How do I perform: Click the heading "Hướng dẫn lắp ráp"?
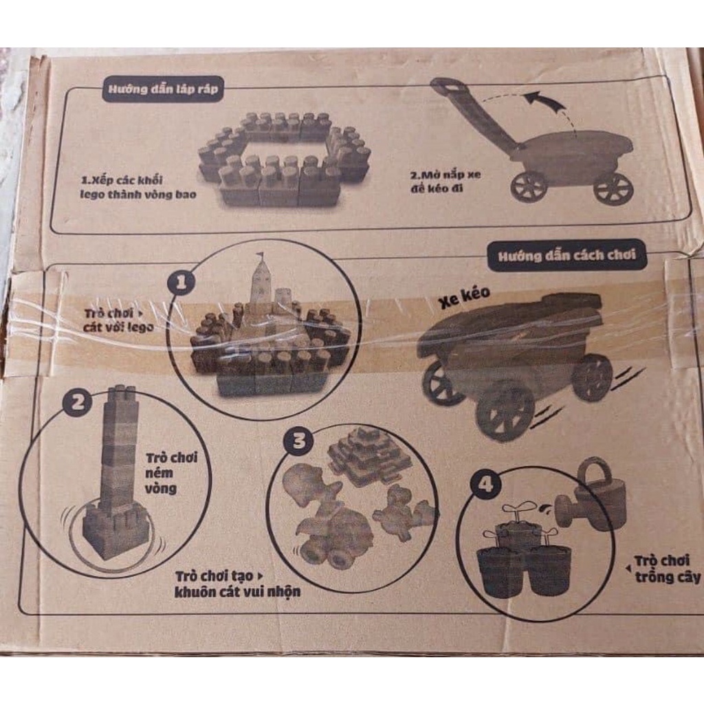click(x=162, y=89)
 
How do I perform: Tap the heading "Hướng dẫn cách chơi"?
click(x=566, y=256)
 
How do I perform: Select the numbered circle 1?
click(x=181, y=283)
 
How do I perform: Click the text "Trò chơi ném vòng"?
click(x=171, y=473)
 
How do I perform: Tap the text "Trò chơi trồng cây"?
click(x=667, y=569)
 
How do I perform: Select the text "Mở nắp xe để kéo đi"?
click(x=445, y=181)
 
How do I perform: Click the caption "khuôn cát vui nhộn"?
click(x=237, y=591)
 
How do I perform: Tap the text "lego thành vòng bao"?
click(x=138, y=195)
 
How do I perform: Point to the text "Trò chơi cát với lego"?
click(x=118, y=320)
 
